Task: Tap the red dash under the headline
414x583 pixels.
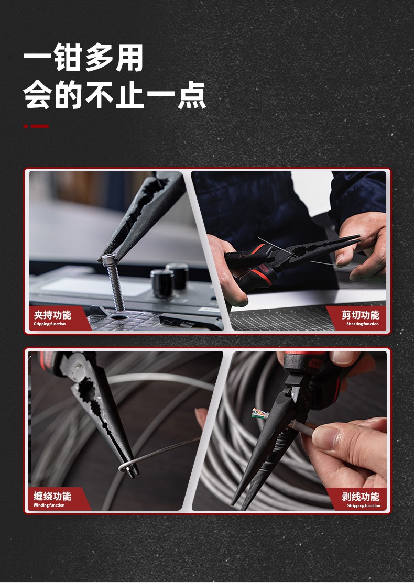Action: tap(36, 126)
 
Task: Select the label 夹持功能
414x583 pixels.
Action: tap(52, 315)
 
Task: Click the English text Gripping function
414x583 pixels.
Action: tap(50, 324)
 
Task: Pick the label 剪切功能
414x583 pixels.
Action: tap(360, 315)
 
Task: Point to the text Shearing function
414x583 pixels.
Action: tap(362, 324)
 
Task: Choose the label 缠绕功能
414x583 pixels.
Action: tap(52, 496)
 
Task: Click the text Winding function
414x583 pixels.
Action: tap(49, 505)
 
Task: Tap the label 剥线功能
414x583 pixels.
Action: tap(361, 497)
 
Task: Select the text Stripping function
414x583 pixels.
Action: tap(363, 506)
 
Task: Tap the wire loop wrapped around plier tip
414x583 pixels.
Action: tap(126, 467)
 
